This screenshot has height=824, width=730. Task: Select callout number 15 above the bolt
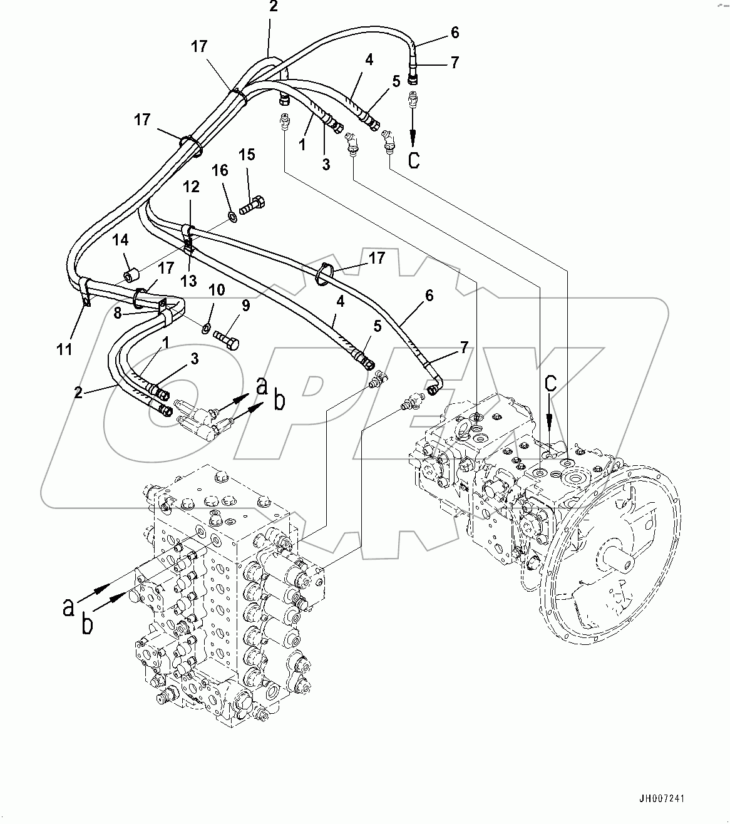click(247, 155)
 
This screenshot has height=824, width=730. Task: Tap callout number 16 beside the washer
click(220, 170)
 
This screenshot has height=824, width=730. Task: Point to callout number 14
click(121, 240)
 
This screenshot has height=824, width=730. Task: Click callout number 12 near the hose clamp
click(191, 186)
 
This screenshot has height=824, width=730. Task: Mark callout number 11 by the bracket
click(65, 349)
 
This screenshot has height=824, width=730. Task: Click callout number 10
click(216, 291)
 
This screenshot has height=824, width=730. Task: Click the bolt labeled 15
click(252, 205)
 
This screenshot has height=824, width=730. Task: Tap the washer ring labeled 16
click(232, 217)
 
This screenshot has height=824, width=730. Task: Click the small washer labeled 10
click(206, 327)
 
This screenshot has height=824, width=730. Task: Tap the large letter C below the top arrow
click(414, 160)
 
